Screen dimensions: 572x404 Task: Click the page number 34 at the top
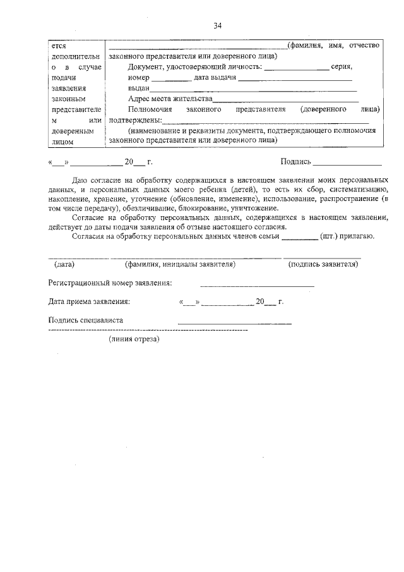[218, 25]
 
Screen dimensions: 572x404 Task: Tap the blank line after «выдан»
[252, 89]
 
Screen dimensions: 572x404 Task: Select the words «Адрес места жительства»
[170, 99]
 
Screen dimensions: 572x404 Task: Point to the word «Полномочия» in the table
[148, 109]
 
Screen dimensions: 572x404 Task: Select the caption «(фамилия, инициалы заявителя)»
[180, 264]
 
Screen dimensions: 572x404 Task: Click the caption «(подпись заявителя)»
[323, 264]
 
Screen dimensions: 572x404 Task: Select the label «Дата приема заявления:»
[89, 301]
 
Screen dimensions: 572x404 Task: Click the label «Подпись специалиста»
[85, 320]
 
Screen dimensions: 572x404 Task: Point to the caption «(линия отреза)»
[134, 339]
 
